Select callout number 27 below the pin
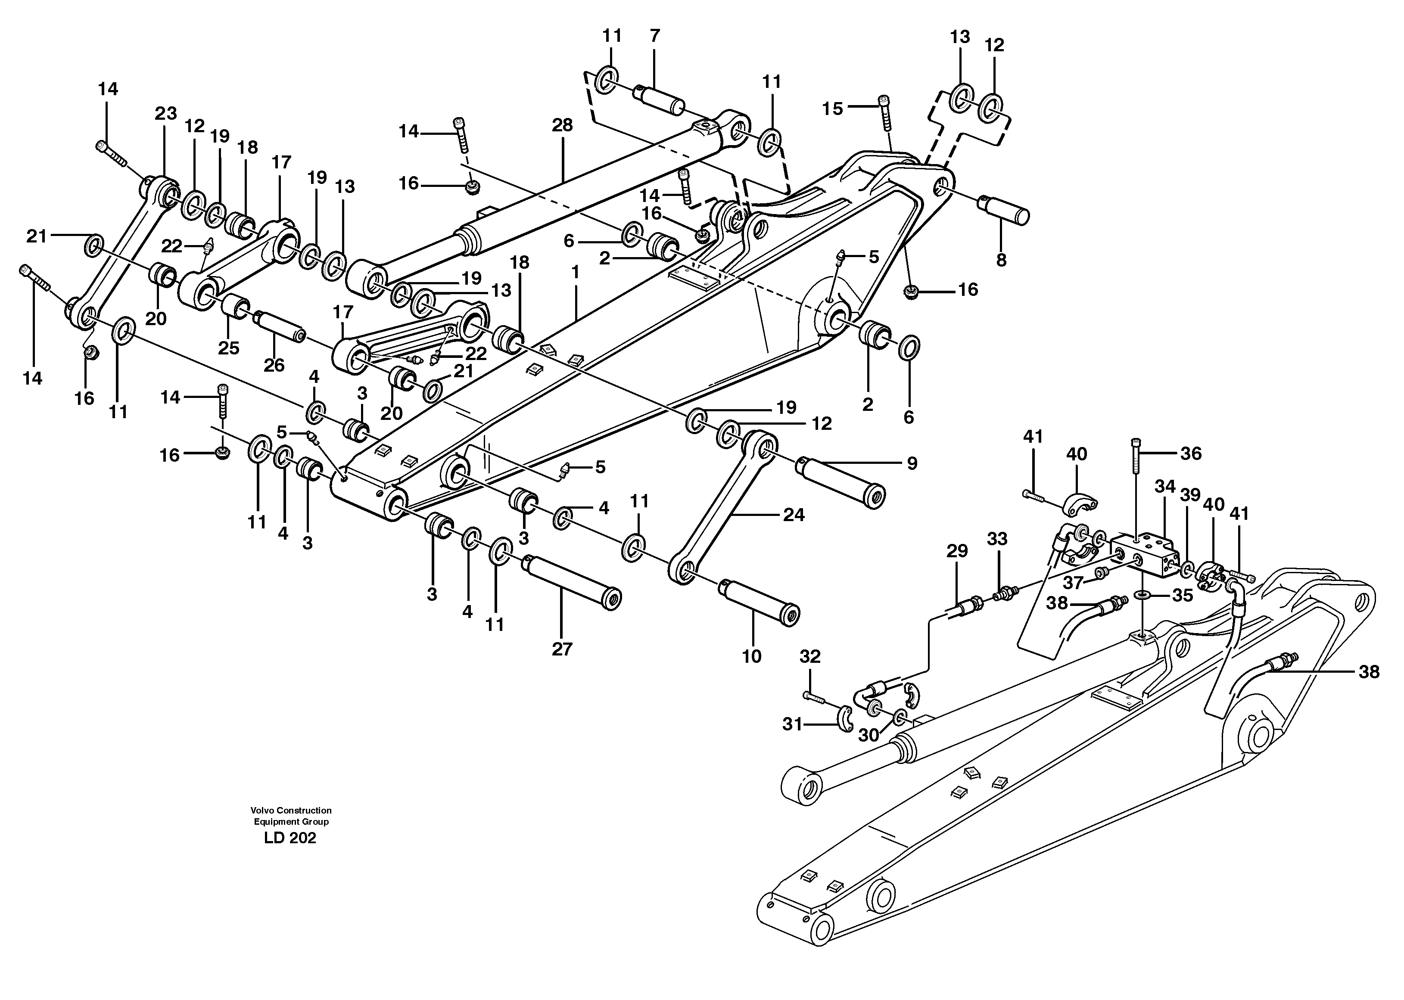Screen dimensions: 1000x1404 point(562,649)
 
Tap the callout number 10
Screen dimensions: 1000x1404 point(751,656)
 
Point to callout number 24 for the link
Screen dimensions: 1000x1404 point(793,515)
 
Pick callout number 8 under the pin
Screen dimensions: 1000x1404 point(1001,260)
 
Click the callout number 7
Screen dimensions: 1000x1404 point(654,36)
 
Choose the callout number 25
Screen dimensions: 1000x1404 point(228,348)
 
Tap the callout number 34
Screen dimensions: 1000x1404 point(1165,487)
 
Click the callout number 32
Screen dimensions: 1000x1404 point(810,656)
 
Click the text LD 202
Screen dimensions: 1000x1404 point(290,838)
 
